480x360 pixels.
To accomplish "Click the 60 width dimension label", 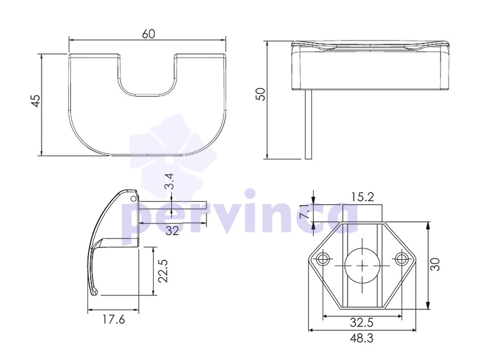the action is (148, 34).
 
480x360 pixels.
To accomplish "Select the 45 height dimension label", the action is (36, 101).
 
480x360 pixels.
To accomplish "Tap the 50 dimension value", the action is (260, 94).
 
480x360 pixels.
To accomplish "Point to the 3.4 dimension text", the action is (169, 181).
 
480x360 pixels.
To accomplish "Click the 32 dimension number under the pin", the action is (172, 230).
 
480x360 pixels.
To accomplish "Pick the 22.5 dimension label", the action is (163, 271).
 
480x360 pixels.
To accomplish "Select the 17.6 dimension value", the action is (113, 319).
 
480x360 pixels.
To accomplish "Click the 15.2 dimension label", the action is (363, 197).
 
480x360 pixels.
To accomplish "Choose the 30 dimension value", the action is (435, 265).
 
